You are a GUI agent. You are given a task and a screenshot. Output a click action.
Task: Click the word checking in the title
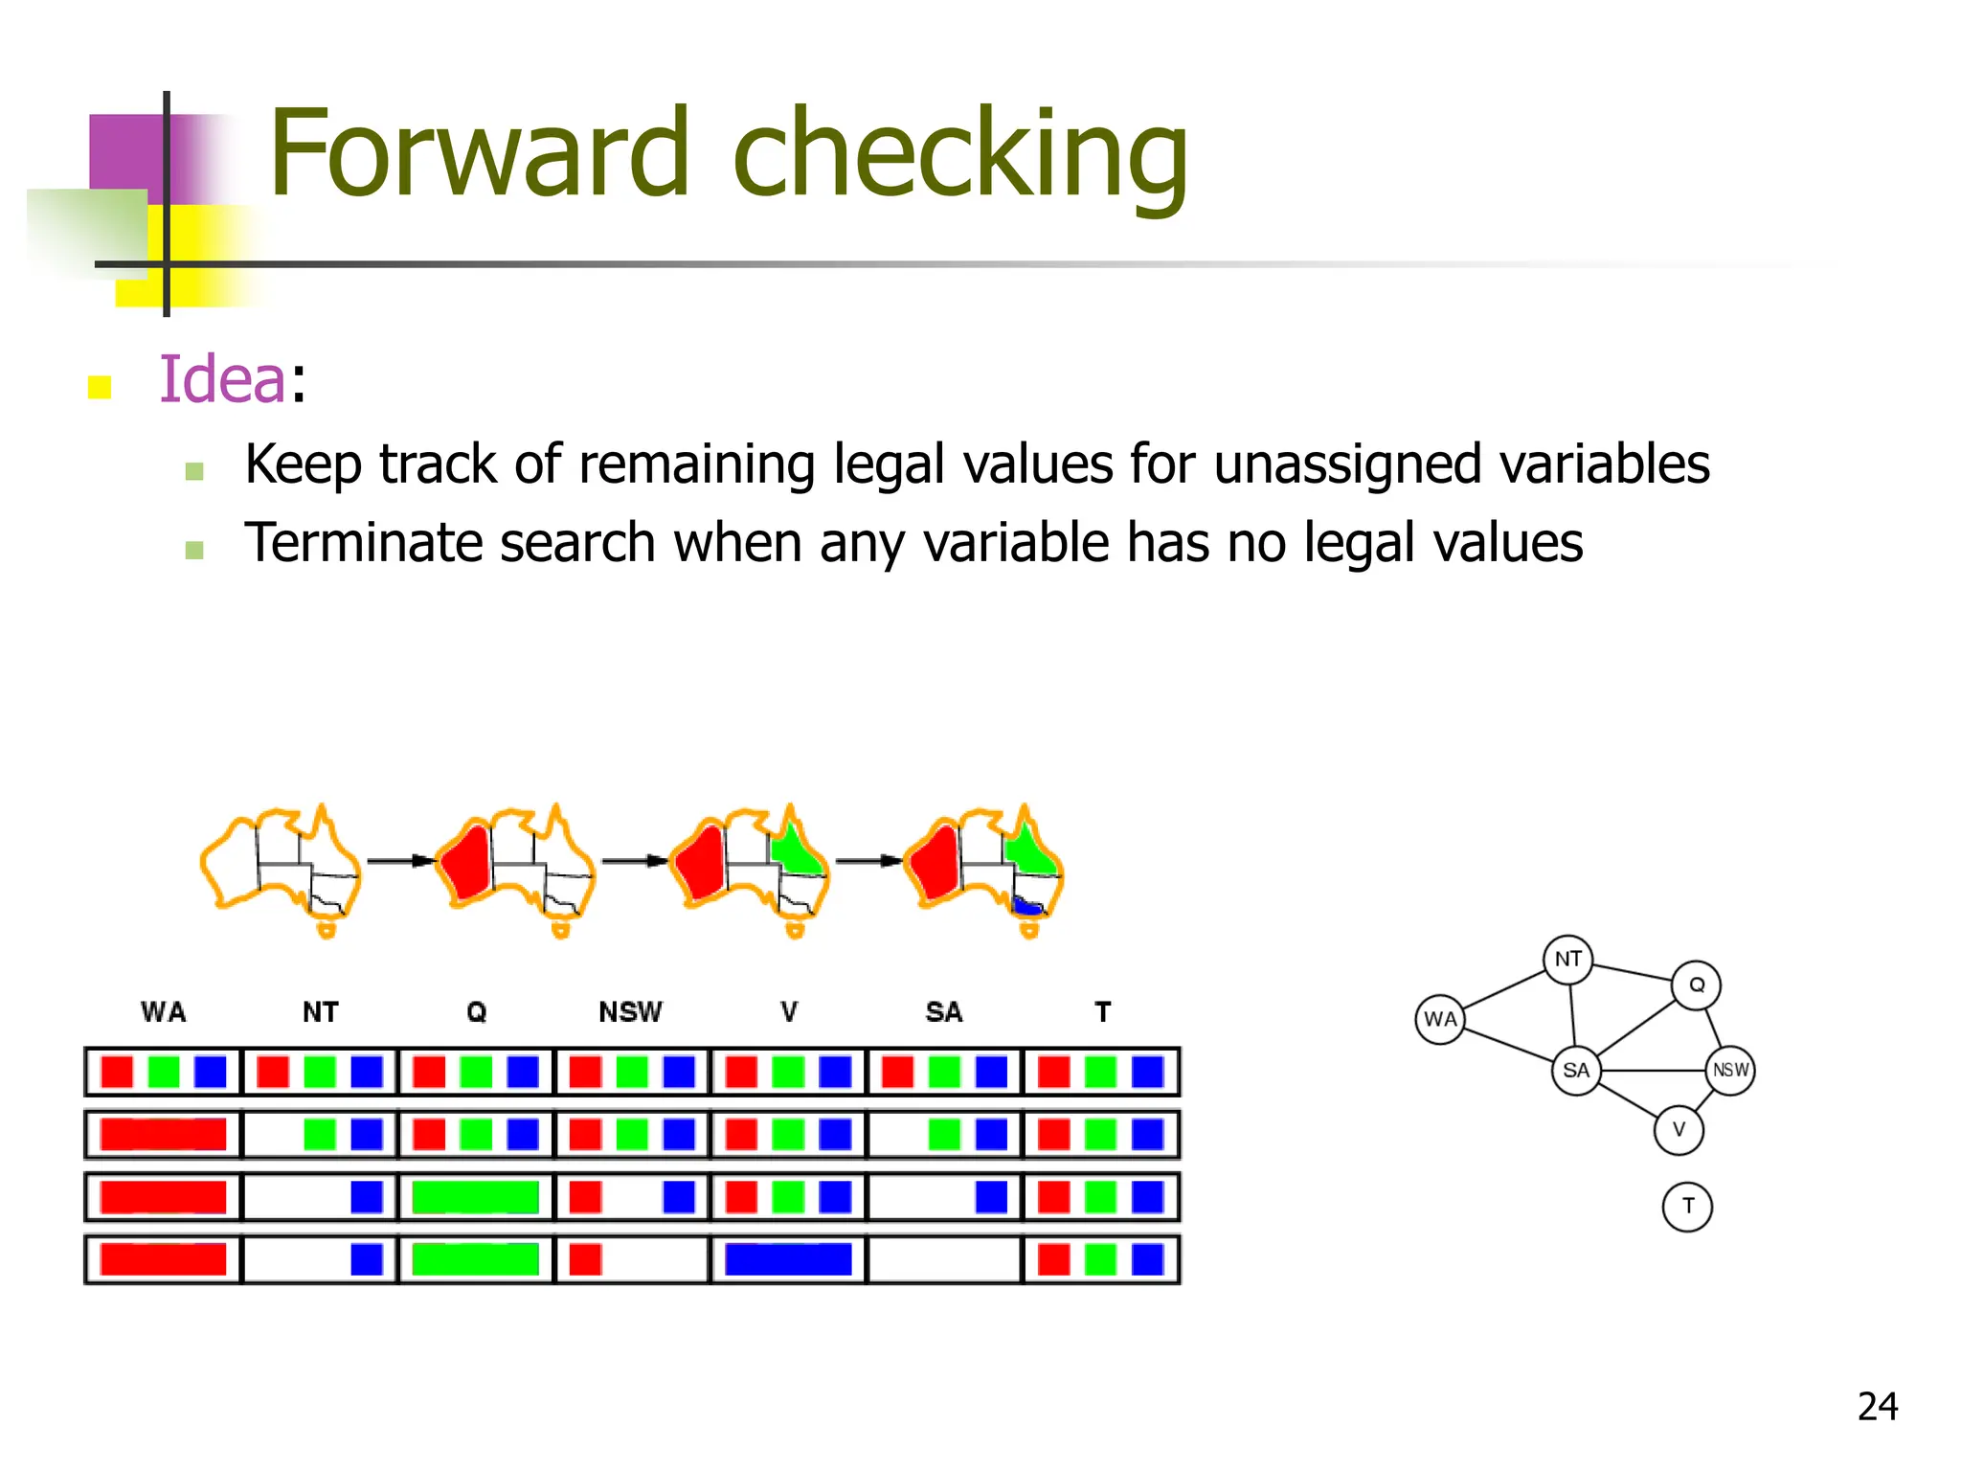pos(959,155)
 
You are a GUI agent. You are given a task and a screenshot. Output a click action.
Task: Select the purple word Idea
pos(221,379)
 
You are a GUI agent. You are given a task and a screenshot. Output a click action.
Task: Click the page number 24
pos(1877,1406)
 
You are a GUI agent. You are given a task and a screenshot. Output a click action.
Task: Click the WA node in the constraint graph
pos(1440,1019)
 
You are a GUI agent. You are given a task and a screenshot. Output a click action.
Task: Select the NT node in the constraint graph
pos(1568,959)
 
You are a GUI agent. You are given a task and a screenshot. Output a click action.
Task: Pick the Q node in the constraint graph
pos(1696,984)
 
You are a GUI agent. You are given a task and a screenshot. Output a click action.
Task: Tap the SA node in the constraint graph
pos(1576,1070)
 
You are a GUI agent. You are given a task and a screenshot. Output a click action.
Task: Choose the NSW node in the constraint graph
pos(1730,1070)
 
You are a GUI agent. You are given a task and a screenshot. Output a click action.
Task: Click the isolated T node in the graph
pos(1687,1206)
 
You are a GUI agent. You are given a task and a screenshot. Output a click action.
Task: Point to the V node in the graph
pos(1679,1129)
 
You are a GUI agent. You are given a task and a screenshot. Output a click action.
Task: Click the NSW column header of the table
pos(630,1011)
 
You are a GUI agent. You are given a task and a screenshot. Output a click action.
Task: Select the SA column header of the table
pos(943,1011)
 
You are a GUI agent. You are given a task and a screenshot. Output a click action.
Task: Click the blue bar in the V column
pos(788,1259)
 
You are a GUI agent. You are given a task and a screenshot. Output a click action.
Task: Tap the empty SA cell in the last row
pos(944,1259)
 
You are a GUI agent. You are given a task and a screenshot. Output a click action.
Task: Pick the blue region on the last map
pos(1027,905)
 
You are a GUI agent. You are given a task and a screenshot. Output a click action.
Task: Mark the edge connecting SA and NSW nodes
pos(1653,1070)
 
